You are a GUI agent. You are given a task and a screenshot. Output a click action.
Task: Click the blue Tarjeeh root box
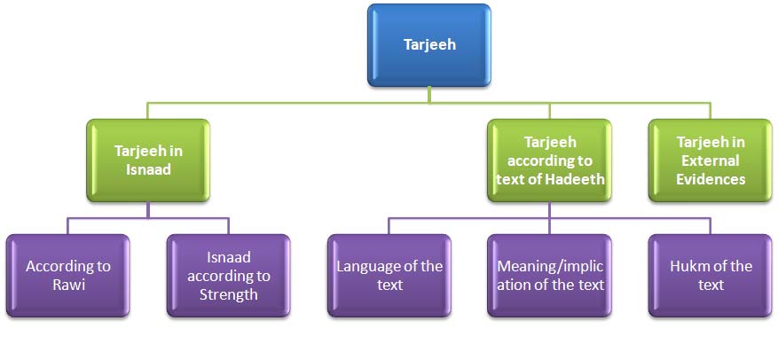429,45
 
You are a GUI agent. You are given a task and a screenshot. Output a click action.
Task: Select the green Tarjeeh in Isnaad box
148,160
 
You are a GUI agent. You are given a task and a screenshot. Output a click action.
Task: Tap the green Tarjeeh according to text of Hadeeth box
549,160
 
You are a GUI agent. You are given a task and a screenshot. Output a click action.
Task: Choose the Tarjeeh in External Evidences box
711,160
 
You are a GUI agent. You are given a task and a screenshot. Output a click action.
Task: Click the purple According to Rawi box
68,276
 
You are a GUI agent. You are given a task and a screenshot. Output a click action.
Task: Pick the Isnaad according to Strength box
229,276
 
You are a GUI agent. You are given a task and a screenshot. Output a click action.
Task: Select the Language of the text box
389,276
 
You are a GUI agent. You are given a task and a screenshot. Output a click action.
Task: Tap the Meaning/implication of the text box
549,276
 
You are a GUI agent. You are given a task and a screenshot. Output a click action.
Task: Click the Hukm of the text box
711,276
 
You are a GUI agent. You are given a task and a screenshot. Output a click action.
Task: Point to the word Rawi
68,286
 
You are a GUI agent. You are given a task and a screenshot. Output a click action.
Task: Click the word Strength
229,295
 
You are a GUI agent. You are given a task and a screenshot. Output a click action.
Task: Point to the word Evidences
711,178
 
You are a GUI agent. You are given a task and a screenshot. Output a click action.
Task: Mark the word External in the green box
711,160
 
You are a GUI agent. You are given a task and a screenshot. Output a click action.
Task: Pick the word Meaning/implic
550,267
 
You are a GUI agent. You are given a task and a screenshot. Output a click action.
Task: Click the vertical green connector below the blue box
429,95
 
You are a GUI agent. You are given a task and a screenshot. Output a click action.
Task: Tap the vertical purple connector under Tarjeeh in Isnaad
148,210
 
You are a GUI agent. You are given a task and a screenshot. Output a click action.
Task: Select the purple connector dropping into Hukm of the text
711,227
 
